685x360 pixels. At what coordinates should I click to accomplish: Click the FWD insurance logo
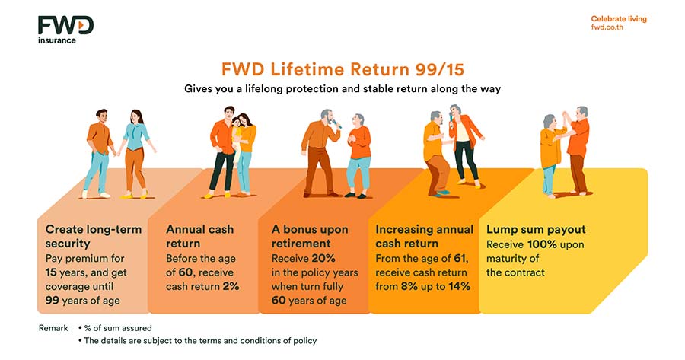click(x=65, y=30)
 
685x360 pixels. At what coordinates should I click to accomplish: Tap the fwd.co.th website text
click(x=607, y=27)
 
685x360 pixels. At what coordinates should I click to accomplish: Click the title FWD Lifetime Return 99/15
click(x=342, y=69)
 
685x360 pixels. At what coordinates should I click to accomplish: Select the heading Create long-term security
click(x=94, y=237)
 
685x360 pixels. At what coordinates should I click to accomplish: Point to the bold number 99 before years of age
click(x=52, y=300)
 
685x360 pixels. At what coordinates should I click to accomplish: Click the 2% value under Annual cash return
click(x=230, y=286)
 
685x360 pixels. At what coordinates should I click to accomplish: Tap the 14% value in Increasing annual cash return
click(x=459, y=286)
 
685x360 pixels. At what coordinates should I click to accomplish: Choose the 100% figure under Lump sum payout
click(x=542, y=244)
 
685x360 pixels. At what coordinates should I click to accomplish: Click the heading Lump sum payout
click(x=536, y=229)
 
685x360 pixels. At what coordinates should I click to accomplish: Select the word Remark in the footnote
click(x=53, y=328)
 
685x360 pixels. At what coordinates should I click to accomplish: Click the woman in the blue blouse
click(x=135, y=154)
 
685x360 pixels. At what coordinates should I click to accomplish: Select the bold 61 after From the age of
click(x=460, y=258)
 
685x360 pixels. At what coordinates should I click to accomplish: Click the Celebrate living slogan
click(x=619, y=19)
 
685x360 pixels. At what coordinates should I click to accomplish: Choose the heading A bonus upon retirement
click(x=310, y=237)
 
